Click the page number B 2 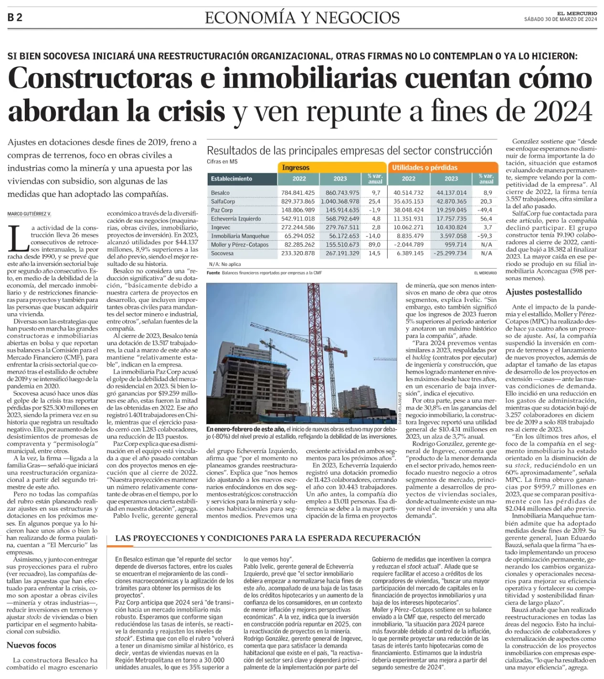[15, 18]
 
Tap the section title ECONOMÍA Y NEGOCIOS [302, 18]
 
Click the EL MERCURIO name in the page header [577, 13]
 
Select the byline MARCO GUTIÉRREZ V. [29, 214]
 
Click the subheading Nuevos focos [32, 645]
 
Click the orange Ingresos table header [296, 168]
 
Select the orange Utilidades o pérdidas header [424, 168]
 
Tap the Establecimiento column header [232, 179]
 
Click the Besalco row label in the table [220, 193]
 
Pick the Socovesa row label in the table [222, 254]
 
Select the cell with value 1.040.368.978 [340, 202]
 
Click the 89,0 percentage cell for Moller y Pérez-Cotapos [374, 244]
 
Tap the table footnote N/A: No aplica [225, 264]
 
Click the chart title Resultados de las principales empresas [349, 151]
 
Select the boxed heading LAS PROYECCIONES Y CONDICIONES [267, 538]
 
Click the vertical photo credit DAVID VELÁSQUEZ [400, 408]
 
